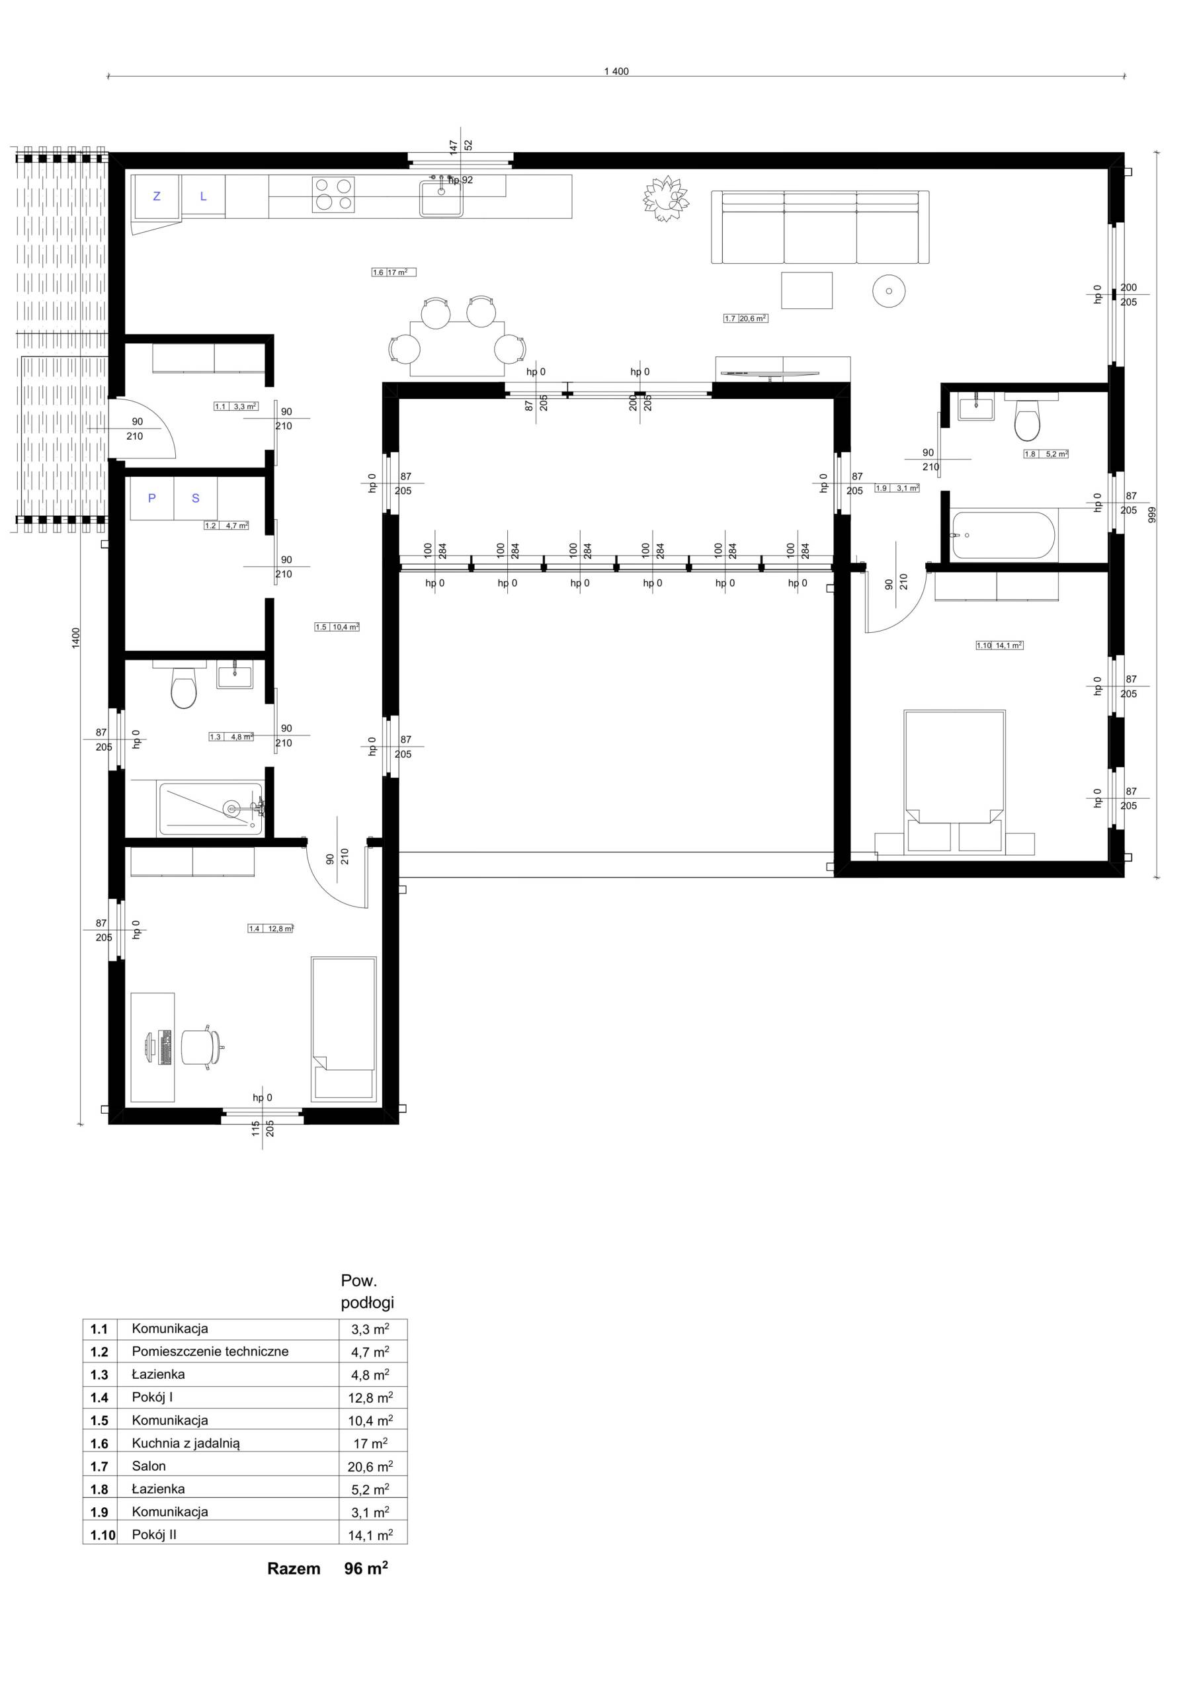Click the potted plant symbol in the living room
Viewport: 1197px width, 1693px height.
point(666,198)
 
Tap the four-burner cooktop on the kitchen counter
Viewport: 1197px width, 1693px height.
point(333,194)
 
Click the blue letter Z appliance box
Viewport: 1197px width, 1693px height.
point(156,197)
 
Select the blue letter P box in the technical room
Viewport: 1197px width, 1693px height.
point(152,499)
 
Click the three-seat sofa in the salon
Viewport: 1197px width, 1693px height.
point(819,227)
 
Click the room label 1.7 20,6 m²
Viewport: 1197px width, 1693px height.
point(745,319)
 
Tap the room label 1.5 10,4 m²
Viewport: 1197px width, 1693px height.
point(337,627)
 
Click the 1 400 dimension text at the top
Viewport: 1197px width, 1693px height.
point(616,71)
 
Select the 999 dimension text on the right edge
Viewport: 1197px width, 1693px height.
point(1152,515)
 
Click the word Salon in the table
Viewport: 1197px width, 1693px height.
point(149,1466)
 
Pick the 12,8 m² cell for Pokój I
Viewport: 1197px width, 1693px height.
point(370,1397)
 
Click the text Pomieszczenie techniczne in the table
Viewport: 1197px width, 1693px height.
point(210,1352)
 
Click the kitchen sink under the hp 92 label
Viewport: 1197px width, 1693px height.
point(442,198)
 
